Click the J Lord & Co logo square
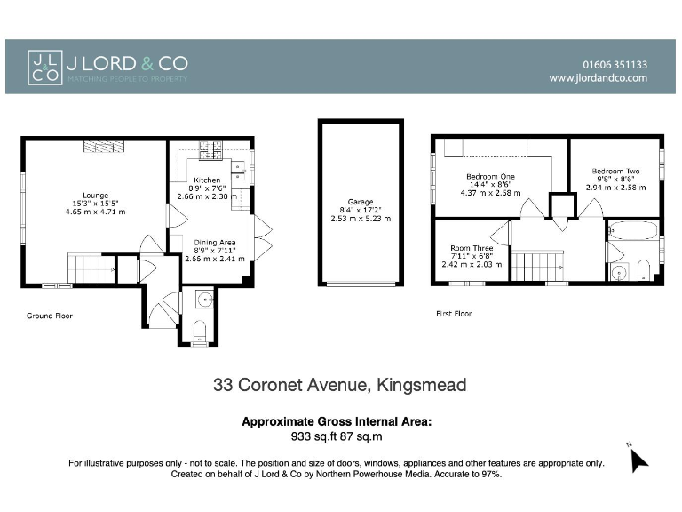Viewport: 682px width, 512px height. point(45,67)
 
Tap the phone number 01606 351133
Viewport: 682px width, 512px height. point(615,64)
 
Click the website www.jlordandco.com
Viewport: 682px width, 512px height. point(598,78)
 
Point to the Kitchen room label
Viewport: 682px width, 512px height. point(207,180)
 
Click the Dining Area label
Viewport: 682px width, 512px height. point(214,243)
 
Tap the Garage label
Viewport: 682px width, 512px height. point(360,202)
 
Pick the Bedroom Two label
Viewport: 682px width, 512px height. point(615,172)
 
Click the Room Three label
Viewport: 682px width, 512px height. point(472,248)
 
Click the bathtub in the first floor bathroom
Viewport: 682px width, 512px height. point(632,231)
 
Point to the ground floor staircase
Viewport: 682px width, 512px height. point(91,268)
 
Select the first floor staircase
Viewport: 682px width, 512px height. point(539,266)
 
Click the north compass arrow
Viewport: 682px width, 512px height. point(638,459)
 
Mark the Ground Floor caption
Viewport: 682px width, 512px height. point(50,316)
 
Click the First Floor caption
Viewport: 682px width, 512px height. point(454,314)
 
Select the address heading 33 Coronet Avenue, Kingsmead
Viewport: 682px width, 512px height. point(340,385)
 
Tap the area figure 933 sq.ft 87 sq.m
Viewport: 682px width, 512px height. point(337,436)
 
